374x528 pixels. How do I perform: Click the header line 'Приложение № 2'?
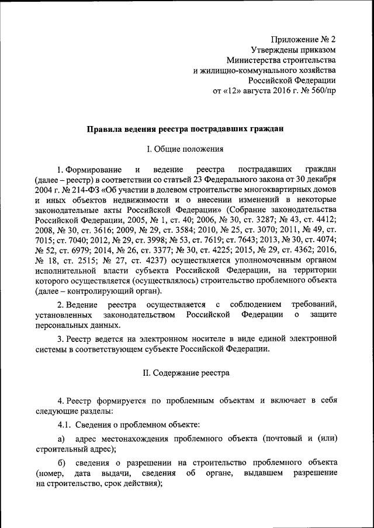coord(306,39)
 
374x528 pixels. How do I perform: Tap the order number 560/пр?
coord(323,91)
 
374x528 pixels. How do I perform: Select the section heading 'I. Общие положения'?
coord(185,149)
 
